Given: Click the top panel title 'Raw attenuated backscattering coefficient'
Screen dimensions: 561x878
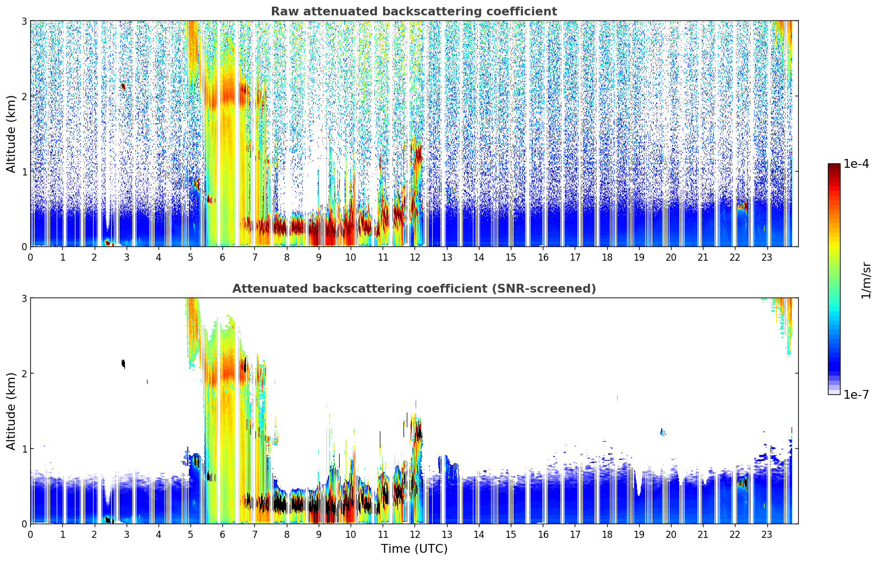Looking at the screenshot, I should [413, 12].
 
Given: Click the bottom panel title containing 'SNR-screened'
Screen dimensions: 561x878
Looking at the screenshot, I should [413, 289].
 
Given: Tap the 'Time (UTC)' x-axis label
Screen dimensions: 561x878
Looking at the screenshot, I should [414, 549].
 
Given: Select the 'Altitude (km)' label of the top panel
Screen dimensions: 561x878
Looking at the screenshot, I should [11, 134].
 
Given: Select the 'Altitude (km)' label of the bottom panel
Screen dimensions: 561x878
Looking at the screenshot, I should [11, 411].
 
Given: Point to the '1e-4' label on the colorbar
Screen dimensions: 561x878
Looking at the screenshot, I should [856, 164].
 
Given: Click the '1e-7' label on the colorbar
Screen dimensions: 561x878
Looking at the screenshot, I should [856, 394].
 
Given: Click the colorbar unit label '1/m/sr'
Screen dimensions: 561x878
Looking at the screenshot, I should [866, 280].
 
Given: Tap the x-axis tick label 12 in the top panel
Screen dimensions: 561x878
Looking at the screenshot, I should [415, 257].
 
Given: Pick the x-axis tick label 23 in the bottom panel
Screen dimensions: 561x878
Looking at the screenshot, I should [767, 534].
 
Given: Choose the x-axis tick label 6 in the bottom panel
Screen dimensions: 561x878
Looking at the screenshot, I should [222, 534].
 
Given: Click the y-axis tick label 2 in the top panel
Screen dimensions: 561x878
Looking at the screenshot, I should [24, 96].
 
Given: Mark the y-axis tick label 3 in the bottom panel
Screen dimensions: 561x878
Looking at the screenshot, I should [24, 298].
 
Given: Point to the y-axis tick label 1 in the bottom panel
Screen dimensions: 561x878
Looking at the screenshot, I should [24, 449].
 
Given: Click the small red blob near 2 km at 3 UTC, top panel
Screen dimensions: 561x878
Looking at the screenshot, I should [123, 86].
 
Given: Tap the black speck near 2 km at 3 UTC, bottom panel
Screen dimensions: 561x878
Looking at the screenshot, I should [123, 363].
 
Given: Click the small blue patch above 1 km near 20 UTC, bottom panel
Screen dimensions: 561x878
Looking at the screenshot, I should [662, 432].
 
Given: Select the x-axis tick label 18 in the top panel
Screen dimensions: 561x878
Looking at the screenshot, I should [607, 257].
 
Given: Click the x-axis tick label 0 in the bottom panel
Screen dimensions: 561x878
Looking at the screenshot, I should [30, 534].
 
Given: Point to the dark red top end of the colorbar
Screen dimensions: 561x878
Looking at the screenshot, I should [834, 167].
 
